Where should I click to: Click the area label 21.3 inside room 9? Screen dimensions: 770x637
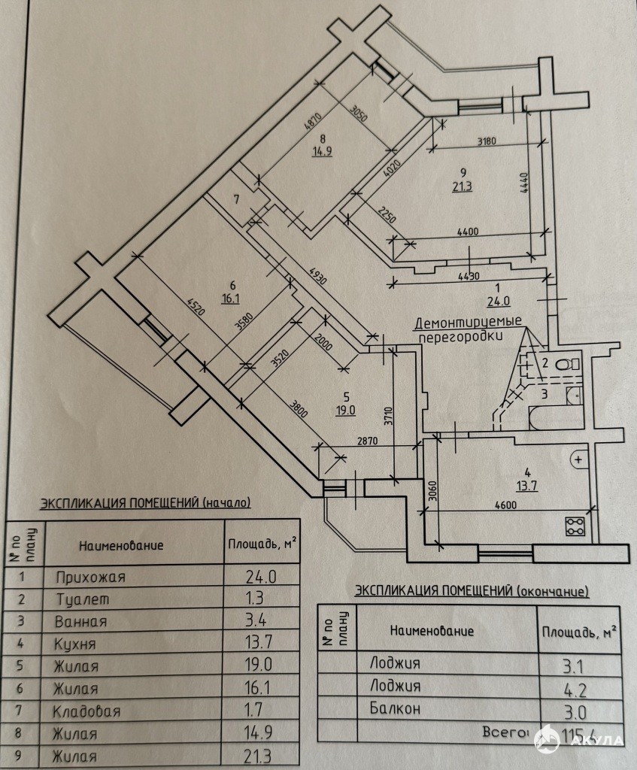pyautogui.click(x=463, y=187)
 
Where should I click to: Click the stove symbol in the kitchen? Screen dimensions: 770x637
pyautogui.click(x=575, y=525)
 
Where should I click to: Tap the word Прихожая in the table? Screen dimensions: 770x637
pyautogui.click(x=90, y=577)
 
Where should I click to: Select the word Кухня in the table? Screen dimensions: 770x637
pyautogui.click(x=77, y=644)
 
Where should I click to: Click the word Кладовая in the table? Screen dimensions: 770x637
pyautogui.click(x=87, y=711)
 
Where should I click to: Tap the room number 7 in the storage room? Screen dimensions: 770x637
pyautogui.click(x=236, y=200)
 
